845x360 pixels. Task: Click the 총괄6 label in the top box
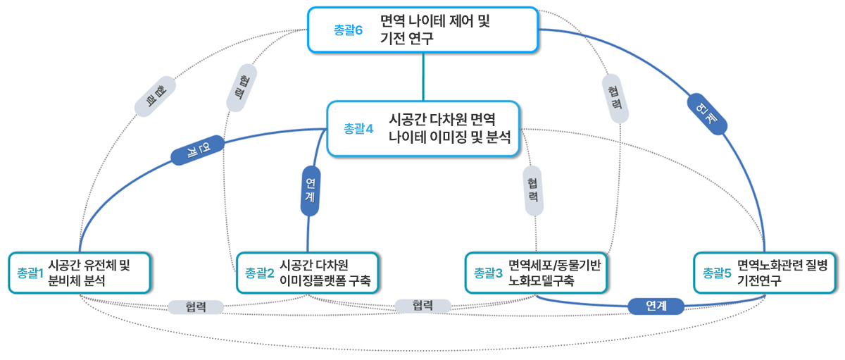(348, 30)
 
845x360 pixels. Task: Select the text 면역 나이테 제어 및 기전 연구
(434, 30)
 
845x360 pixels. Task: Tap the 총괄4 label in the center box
(358, 128)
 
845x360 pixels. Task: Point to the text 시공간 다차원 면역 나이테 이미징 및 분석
(443, 128)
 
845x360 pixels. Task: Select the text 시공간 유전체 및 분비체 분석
(89, 272)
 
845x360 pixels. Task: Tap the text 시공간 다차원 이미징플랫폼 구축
(325, 273)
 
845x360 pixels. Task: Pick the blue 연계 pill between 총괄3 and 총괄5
(656, 306)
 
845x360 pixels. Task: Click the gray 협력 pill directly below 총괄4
(534, 190)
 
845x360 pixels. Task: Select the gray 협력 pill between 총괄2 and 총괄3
(423, 306)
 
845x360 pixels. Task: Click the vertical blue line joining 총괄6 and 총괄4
(423, 77)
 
